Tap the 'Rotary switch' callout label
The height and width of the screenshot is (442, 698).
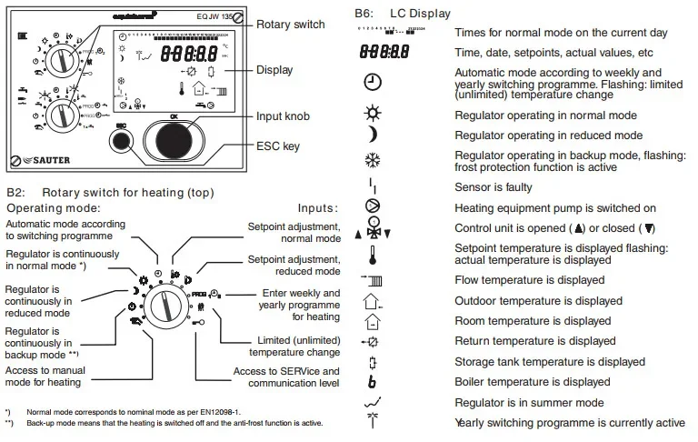tap(290, 25)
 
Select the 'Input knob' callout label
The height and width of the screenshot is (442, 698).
tap(284, 116)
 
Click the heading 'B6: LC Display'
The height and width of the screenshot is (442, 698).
tap(400, 15)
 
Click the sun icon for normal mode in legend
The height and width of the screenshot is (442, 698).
tap(373, 116)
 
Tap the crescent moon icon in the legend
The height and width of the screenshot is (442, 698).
tap(372, 136)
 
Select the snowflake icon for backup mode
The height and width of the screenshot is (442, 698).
tap(373, 160)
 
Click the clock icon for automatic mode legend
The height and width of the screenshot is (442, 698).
tap(373, 82)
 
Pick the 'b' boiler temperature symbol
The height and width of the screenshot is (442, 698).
tap(373, 382)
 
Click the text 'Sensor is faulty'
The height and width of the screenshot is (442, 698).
tap(494, 186)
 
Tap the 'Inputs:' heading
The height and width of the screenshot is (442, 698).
tap(317, 208)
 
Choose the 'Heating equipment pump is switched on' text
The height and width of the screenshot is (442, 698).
tap(554, 208)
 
